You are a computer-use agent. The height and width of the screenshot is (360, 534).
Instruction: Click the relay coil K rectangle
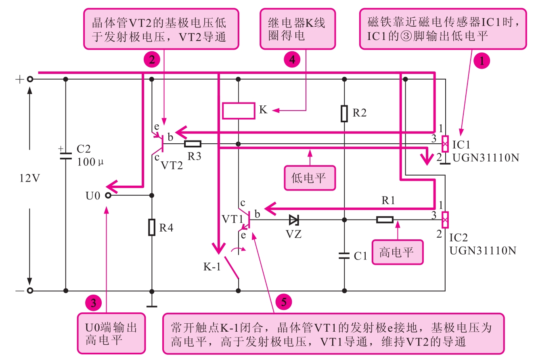239,111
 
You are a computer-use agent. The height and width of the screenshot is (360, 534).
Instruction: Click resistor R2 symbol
344,113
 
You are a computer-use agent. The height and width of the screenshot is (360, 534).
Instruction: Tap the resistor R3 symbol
193,143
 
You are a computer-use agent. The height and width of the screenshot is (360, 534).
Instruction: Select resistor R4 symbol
152,227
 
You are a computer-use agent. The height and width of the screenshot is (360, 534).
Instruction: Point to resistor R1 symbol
385,220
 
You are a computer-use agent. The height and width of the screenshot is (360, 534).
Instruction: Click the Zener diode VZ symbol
294,220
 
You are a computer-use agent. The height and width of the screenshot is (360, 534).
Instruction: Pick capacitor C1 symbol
344,255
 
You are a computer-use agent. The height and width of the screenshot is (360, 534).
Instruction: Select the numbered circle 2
152,60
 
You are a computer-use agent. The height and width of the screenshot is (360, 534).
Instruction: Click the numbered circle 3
93,303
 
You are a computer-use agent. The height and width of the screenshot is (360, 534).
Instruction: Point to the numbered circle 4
292,60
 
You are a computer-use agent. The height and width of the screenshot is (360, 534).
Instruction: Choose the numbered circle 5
283,302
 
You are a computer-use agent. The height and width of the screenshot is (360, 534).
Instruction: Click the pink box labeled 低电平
310,178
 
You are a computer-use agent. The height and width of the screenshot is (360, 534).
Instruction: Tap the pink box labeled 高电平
397,252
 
